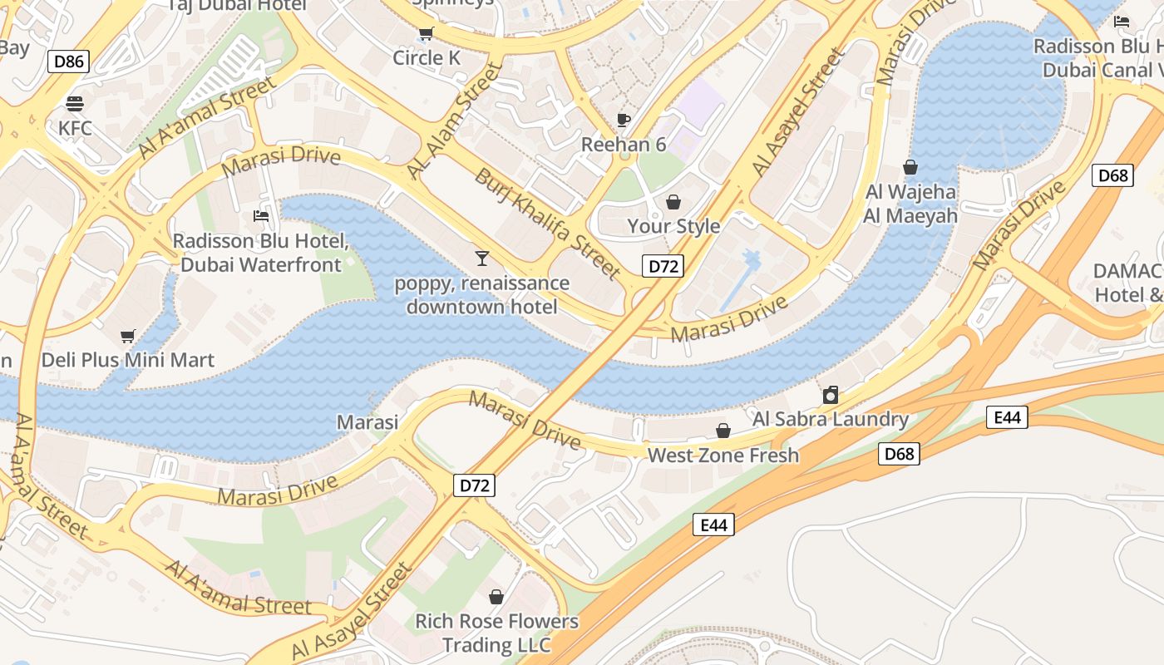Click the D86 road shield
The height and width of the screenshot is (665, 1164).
68,61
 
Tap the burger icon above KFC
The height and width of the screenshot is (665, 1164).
75,104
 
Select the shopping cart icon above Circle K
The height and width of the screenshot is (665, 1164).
427,34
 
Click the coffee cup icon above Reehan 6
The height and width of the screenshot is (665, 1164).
624,121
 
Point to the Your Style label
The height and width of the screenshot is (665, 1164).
673,226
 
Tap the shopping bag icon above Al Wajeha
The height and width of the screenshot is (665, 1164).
910,167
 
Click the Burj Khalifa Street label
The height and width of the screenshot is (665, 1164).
548,224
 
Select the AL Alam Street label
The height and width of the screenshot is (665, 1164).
456,121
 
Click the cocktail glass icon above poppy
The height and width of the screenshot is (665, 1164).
481,259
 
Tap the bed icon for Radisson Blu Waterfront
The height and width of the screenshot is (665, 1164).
261,217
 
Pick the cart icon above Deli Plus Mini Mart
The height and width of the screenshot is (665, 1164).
127,337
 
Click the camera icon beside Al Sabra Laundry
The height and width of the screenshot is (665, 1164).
830,395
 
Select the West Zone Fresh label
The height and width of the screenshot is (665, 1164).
723,455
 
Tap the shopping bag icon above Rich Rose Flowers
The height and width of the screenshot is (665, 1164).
496,597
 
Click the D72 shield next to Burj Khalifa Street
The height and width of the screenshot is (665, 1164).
663,266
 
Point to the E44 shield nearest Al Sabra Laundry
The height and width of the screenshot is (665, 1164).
1007,417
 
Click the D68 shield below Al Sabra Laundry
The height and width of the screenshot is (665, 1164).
899,453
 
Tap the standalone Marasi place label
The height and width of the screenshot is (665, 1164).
367,422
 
